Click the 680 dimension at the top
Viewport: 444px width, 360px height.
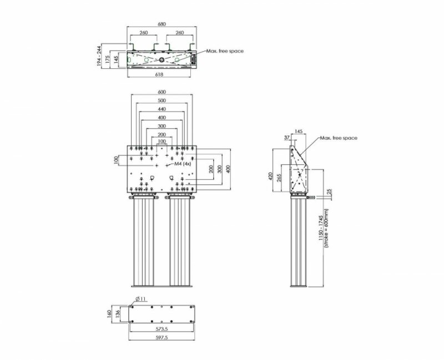click(162, 24)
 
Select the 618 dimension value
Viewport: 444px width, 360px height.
click(159, 74)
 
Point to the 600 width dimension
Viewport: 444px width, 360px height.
click(162, 92)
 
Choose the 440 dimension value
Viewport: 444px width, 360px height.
click(162, 109)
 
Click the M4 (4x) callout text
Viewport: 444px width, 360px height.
click(183, 164)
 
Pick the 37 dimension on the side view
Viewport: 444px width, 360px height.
click(287, 138)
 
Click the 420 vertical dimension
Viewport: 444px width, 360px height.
click(270, 176)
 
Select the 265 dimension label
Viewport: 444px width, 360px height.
click(280, 178)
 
